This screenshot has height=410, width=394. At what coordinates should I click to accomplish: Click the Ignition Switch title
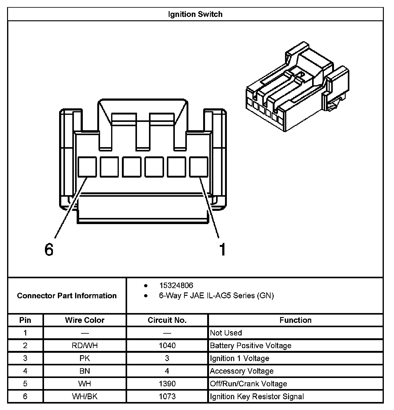pyautogui.click(x=195, y=14)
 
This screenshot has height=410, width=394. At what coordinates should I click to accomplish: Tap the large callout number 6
pyautogui.click(x=49, y=249)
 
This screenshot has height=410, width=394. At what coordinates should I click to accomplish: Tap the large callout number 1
pyautogui.click(x=222, y=249)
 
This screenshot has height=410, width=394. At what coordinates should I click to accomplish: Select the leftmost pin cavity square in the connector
pyautogui.click(x=87, y=167)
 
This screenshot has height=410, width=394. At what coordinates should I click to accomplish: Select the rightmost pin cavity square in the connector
pyautogui.click(x=199, y=167)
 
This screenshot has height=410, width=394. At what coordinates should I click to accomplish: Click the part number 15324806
pyautogui.click(x=176, y=285)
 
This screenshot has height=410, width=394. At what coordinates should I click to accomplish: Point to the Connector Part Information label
pyautogui.click(x=67, y=296)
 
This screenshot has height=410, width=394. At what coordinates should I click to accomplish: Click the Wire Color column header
pyautogui.click(x=85, y=320)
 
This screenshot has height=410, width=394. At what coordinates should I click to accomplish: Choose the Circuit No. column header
pyautogui.click(x=167, y=320)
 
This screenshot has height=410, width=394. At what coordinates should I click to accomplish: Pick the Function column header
pyautogui.click(x=295, y=320)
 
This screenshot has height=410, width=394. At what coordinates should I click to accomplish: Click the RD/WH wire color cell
pyautogui.click(x=85, y=346)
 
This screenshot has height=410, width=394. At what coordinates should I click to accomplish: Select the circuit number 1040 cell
pyautogui.click(x=167, y=346)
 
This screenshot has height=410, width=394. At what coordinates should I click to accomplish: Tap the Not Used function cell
pyautogui.click(x=226, y=333)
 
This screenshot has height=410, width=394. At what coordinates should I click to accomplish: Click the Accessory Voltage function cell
pyautogui.click(x=242, y=371)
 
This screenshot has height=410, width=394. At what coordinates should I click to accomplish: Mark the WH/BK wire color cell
pyautogui.click(x=85, y=396)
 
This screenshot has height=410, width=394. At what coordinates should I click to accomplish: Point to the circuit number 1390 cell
pyautogui.click(x=167, y=384)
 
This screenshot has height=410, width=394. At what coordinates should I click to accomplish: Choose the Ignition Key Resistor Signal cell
pyautogui.click(x=257, y=396)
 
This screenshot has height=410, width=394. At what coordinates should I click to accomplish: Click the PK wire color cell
pyautogui.click(x=85, y=358)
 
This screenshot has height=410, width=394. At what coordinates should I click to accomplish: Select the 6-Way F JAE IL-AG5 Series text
pyautogui.click(x=216, y=296)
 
